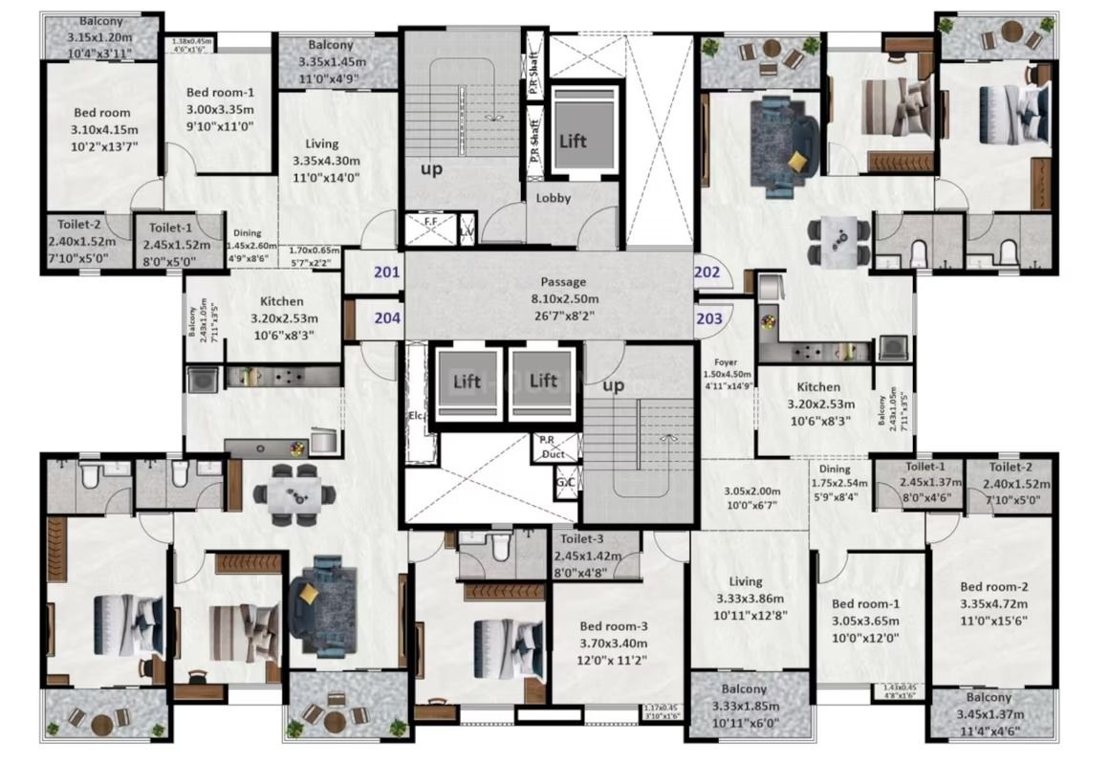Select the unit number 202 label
(707, 272)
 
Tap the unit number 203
(709, 318)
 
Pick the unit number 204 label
(387, 318)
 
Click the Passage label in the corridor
(562, 282)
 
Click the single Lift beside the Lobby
(573, 141)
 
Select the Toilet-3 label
(582, 539)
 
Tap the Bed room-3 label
(613, 626)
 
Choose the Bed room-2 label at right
(994, 587)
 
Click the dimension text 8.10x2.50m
(562, 299)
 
